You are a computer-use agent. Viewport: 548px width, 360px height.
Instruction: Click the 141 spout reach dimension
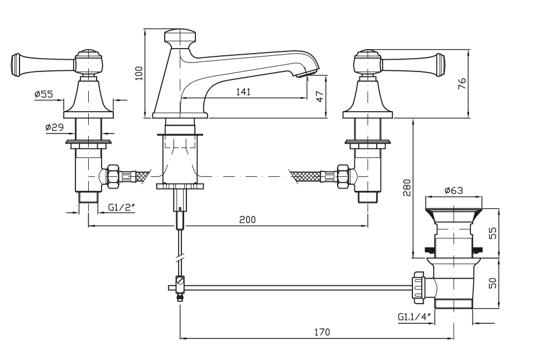(x=243, y=92)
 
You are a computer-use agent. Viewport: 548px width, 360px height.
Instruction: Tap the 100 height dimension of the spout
(x=140, y=73)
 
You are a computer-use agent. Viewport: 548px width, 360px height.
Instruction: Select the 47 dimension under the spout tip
(x=320, y=96)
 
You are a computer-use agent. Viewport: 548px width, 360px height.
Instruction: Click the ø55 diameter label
(x=44, y=95)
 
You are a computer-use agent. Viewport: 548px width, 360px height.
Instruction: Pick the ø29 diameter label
(x=55, y=127)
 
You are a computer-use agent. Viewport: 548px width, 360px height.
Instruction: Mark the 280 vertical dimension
(x=407, y=188)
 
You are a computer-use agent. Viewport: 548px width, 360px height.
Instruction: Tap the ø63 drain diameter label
(x=454, y=190)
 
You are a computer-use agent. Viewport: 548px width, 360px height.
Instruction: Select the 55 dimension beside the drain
(x=492, y=233)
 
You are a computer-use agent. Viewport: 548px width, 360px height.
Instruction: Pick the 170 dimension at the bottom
(x=322, y=332)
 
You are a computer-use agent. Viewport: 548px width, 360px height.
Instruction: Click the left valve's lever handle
(x=42, y=63)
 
